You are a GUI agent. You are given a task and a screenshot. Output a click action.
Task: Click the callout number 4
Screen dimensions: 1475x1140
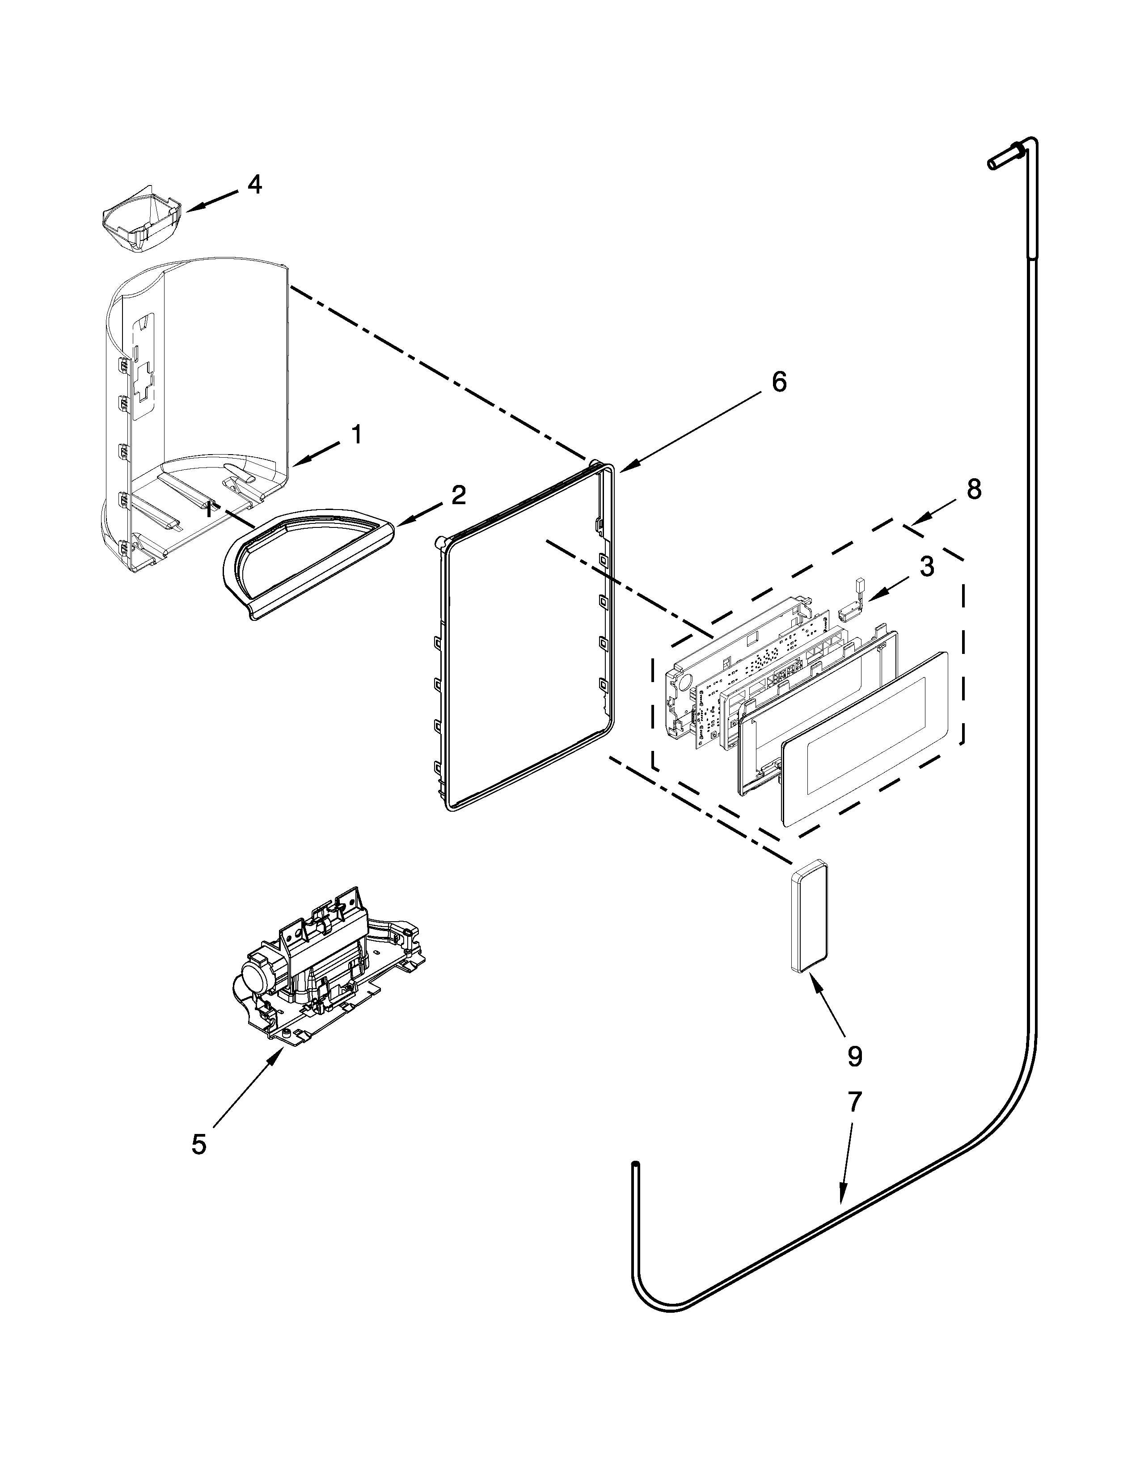point(255,184)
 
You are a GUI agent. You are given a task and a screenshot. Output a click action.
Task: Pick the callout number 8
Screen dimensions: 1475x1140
point(973,489)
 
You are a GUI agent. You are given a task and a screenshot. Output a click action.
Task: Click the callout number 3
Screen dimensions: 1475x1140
point(927,566)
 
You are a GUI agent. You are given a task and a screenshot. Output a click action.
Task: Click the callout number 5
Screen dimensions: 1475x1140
point(198,1144)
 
